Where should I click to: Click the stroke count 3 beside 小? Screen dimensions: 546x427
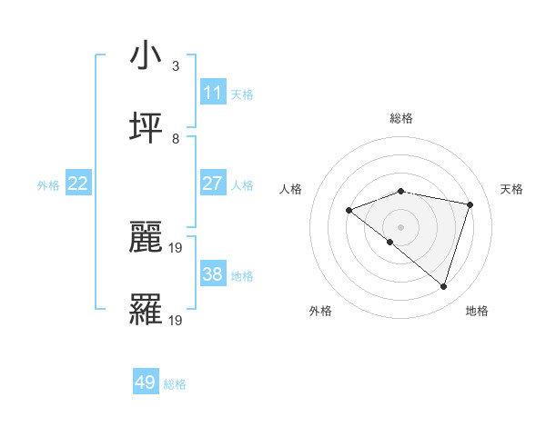tap(176, 66)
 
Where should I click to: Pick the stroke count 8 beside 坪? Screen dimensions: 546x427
tap(176, 139)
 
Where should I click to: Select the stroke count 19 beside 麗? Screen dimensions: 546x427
tap(177, 247)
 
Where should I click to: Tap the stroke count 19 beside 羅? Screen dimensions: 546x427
tap(177, 320)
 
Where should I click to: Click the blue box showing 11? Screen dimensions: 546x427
tap(212, 93)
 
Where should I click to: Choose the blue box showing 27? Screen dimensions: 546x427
tap(212, 184)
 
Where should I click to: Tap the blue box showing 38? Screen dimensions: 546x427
tap(212, 274)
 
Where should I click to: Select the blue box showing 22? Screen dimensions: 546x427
tap(77, 184)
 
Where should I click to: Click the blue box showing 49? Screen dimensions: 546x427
tap(146, 382)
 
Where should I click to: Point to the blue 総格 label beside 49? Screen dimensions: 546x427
tap(176, 384)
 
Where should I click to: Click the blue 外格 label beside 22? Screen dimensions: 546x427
tap(48, 185)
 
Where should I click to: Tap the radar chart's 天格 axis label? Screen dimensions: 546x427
tap(512, 189)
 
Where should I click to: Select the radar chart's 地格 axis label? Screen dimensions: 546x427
tap(477, 311)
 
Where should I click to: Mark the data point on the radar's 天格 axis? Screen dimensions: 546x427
tap(470, 204)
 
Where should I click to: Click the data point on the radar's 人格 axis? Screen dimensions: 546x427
tap(349, 211)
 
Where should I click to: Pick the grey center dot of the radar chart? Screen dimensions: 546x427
tap(400, 226)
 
